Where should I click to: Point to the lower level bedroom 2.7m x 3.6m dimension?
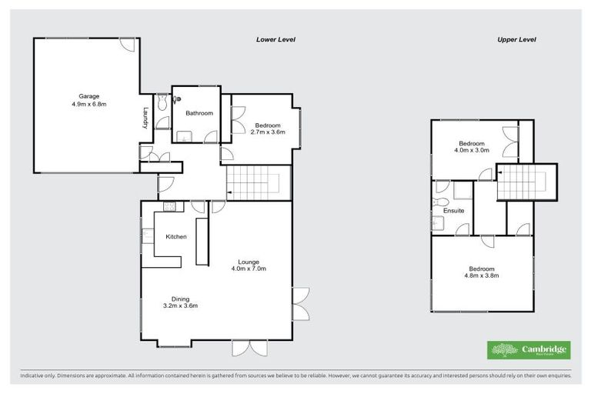[x=269, y=132]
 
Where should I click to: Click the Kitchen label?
[x=176, y=236]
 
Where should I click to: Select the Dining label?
[x=180, y=299]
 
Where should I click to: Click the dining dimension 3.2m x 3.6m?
[x=180, y=306]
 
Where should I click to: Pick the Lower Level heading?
[x=275, y=39]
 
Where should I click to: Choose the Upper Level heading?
[x=516, y=39]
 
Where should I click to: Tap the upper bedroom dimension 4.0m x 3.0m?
[x=471, y=151]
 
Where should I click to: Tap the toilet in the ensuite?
[x=440, y=202]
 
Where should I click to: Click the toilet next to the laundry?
[x=160, y=103]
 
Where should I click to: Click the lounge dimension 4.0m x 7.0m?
[x=247, y=269]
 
